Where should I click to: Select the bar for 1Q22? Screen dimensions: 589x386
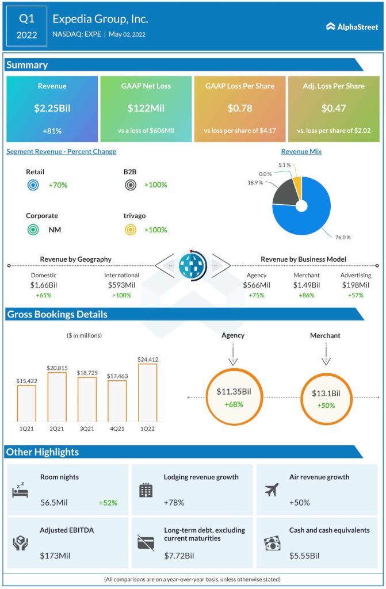click(x=147, y=393)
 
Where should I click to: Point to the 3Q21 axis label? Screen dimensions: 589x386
click(x=87, y=429)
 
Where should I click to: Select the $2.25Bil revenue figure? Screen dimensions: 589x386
click(x=52, y=108)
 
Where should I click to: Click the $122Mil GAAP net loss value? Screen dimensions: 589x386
click(x=146, y=108)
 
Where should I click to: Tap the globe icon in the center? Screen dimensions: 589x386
click(x=193, y=266)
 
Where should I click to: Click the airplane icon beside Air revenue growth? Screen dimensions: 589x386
click(x=272, y=489)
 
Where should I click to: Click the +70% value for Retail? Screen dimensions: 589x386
click(x=59, y=185)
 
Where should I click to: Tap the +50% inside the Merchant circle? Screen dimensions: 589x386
click(x=326, y=405)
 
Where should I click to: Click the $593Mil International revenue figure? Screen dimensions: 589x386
click(x=122, y=285)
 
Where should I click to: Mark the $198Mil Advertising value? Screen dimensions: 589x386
click(x=356, y=285)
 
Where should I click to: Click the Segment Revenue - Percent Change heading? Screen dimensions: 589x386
click(x=62, y=152)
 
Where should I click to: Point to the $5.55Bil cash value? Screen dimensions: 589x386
click(x=305, y=556)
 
